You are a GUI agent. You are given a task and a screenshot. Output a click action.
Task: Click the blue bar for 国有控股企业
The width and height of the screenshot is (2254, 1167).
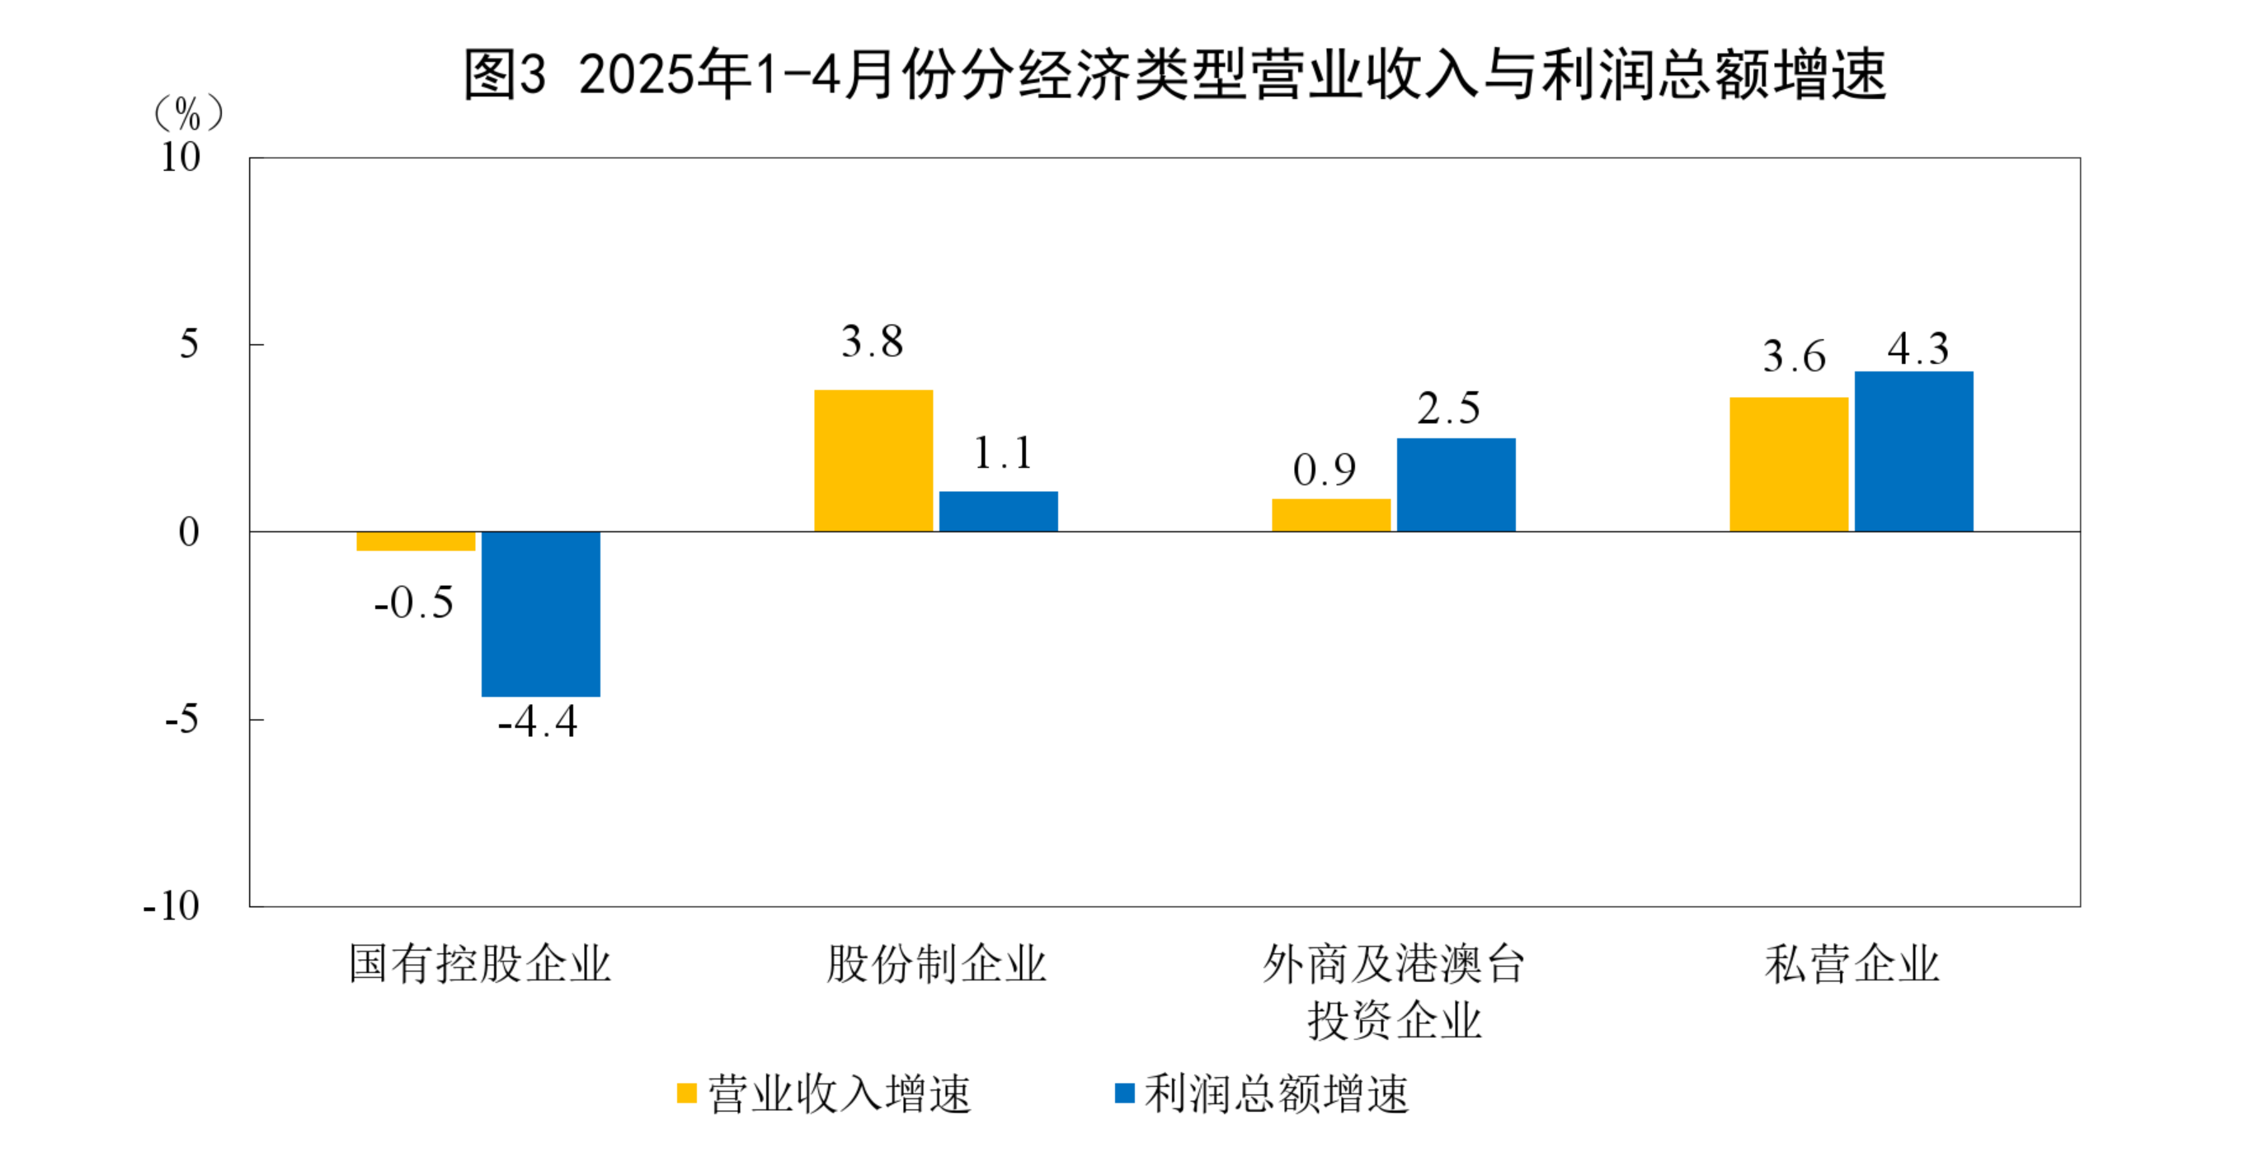tap(541, 614)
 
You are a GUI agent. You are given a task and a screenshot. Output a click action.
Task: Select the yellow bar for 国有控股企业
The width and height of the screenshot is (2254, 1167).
tap(416, 541)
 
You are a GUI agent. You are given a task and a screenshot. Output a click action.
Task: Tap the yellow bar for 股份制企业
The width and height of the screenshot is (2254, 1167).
tap(873, 461)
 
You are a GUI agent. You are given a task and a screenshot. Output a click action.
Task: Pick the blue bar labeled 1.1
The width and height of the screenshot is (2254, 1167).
tap(999, 511)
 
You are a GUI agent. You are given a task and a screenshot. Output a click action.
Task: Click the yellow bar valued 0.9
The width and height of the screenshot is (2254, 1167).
tap(1331, 515)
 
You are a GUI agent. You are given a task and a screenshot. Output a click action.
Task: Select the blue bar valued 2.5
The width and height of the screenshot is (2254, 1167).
tap(1456, 484)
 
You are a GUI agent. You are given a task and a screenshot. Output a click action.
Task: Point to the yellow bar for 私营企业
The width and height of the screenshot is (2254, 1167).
tap(1789, 464)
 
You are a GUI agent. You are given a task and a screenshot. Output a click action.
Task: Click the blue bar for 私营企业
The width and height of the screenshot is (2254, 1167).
tap(1913, 451)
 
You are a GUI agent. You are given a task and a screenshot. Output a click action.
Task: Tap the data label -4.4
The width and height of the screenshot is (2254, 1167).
tap(537, 722)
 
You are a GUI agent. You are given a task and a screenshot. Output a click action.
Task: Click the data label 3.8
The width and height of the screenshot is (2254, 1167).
tap(873, 342)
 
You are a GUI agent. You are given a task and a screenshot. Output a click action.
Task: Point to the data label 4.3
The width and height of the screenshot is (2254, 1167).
tap(1918, 349)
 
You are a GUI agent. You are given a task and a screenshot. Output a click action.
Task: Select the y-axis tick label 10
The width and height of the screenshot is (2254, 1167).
tap(181, 158)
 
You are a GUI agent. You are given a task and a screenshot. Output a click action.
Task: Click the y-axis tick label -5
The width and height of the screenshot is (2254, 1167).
tap(182, 720)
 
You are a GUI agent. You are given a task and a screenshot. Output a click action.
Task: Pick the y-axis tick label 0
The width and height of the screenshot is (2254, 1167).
tap(189, 532)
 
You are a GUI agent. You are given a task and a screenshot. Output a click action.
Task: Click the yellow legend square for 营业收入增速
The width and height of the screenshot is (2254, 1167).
tap(687, 1094)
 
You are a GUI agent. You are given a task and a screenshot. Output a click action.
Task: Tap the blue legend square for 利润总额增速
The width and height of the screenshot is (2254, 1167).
tap(1124, 1094)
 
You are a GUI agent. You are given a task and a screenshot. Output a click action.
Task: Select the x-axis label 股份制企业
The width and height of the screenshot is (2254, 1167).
tap(936, 964)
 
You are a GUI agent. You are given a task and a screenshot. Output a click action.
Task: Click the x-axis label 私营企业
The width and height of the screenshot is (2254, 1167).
tap(1852, 964)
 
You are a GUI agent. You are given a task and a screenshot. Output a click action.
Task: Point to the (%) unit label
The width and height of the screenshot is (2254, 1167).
tap(189, 114)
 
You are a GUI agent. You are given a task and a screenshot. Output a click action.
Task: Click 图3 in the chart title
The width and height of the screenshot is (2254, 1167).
tap(505, 74)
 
